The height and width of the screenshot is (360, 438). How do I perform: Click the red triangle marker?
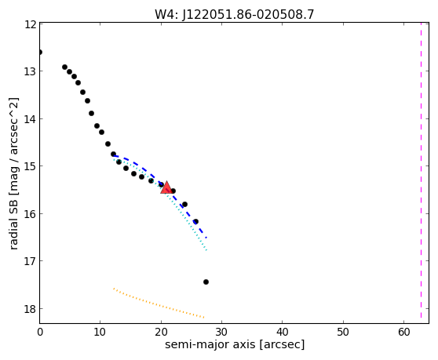166,187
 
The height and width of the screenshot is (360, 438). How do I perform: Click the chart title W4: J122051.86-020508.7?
235,14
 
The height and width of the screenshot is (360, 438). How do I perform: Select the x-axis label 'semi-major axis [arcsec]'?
235,344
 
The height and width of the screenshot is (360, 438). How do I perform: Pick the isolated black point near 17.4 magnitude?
206,282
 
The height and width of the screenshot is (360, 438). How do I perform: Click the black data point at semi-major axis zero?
40,53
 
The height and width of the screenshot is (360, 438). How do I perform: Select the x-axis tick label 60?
404,332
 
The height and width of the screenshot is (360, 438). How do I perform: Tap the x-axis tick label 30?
221,332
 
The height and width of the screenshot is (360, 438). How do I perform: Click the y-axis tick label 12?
31,24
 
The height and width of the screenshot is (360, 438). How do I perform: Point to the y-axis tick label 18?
31,309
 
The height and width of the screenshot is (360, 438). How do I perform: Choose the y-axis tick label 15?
31,166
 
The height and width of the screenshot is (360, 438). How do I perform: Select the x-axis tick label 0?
40,332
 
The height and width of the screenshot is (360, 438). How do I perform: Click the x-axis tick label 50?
343,332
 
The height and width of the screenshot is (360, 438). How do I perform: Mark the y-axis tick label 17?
31,261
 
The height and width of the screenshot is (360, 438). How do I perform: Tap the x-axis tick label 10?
100,332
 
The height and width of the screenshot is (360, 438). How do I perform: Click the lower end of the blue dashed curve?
206,238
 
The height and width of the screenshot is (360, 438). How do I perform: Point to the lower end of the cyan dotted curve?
206,250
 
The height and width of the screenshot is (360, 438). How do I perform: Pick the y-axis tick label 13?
31,71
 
